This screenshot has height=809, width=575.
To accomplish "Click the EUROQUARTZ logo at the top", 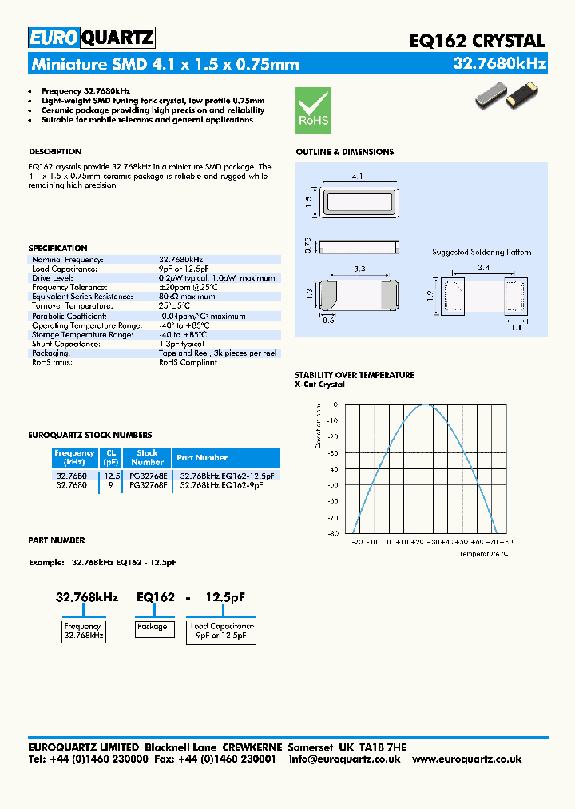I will point(91,38).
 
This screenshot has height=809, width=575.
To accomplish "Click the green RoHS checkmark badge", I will point(313,110).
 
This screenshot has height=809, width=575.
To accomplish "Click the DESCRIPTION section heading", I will point(55,152).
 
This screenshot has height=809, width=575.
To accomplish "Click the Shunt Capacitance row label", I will point(66,343).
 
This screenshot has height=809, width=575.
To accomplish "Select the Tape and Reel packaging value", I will point(217,353).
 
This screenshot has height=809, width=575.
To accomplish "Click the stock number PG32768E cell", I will point(148,476).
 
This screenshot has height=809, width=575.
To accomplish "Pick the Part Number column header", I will point(202,458).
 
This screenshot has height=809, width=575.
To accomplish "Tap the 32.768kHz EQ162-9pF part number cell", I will point(221,484).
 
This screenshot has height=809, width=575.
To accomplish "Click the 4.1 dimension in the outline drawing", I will point(358,177).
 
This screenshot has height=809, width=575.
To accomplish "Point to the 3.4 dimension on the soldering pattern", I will point(483,267).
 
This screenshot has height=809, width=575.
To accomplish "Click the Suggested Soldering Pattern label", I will point(481,252).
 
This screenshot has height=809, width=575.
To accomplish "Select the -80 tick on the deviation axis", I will point(332,533).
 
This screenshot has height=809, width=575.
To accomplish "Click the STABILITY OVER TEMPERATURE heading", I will point(355,375).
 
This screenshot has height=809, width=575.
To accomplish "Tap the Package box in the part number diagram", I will point(152,628).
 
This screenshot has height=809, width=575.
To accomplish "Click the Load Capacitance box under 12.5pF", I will point(222,631).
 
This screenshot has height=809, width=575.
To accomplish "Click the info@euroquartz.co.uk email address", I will point(345,759).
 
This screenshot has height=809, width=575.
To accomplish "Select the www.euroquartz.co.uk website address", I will point(466,759).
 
